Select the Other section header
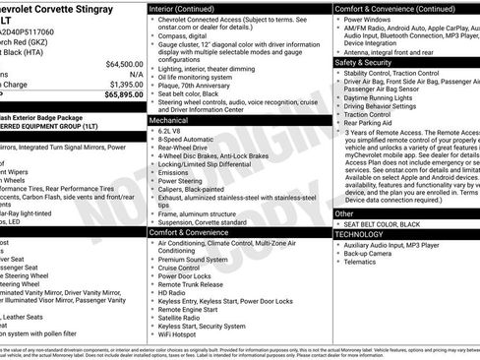coord(344,212)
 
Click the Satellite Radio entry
coord(183,318)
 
